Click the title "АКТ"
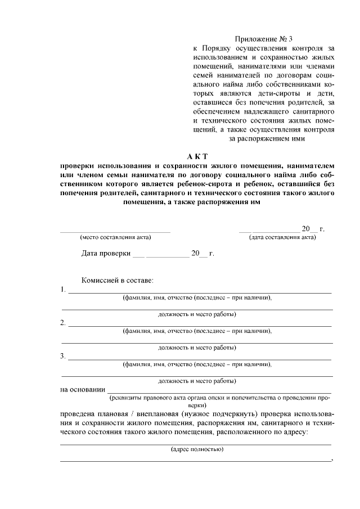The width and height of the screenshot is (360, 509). coord(198,156)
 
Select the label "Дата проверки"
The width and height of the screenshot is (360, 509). coord(106,254)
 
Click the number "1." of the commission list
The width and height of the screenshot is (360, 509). coord(63,290)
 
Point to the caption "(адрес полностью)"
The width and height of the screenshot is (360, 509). coord(197,449)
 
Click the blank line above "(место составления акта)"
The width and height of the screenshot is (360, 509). coord(115,231)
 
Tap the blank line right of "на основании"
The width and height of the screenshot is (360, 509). coord(219,391)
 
